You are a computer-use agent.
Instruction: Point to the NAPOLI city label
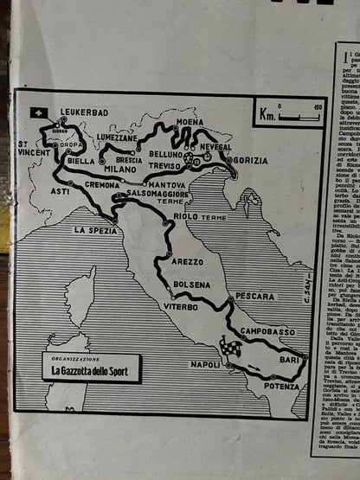coord(205,365)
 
